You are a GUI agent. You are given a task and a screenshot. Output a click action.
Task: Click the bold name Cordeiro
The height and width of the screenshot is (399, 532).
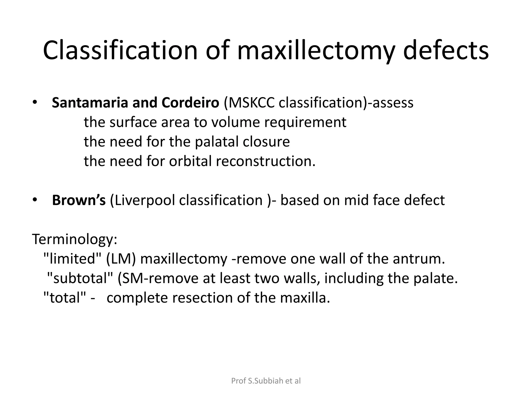(190, 103)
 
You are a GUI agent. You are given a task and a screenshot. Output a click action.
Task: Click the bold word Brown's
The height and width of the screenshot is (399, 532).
(79, 200)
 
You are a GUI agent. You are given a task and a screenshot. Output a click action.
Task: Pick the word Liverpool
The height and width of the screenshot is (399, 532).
(144, 200)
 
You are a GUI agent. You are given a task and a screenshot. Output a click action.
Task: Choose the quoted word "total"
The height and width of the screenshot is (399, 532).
(65, 298)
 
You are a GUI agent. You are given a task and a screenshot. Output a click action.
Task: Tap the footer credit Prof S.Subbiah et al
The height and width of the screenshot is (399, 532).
(266, 381)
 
